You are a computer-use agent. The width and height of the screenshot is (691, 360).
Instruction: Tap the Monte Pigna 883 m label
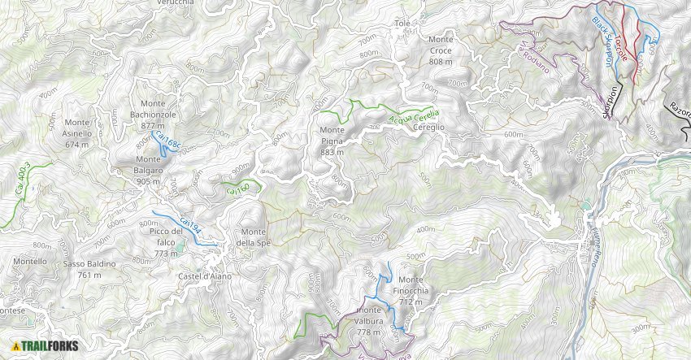[x=331, y=141]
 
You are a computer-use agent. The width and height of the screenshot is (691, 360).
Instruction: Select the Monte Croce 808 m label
[x=440, y=50]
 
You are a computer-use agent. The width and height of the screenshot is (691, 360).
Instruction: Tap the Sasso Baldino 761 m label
[x=90, y=269]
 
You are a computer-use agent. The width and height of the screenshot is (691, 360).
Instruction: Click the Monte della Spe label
[x=252, y=237]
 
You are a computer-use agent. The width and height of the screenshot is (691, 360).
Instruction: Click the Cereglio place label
[x=428, y=128]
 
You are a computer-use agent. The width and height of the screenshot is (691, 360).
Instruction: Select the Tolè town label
[x=402, y=24]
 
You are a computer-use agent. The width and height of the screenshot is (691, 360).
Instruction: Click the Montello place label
[x=29, y=261]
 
